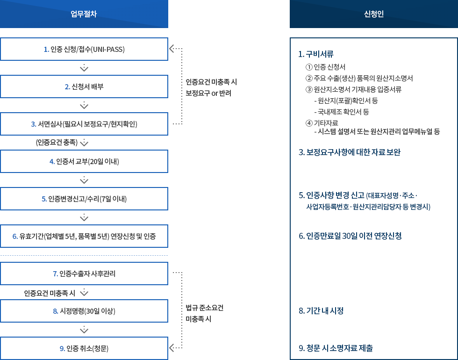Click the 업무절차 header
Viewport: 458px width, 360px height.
pos(84,14)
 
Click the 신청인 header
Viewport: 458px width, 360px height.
pos(373,14)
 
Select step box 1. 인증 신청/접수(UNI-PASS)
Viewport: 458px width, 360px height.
pos(84,49)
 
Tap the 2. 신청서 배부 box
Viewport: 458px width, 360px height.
pos(84,86)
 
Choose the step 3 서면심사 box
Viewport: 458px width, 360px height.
pos(84,124)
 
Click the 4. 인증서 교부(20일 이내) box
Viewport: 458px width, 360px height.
pos(84,161)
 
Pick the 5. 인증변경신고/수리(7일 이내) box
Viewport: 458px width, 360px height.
pos(84,199)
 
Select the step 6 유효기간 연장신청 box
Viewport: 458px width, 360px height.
pos(84,236)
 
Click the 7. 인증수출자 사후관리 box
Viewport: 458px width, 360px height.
pos(84,274)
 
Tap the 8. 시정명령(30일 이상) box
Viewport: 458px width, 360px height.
pos(84,311)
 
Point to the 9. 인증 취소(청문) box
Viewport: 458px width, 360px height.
pos(84,348)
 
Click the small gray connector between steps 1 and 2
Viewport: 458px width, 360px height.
pos(84,68)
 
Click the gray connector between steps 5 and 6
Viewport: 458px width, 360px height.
pos(84,217)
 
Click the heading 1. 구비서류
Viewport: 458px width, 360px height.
pos(316,54)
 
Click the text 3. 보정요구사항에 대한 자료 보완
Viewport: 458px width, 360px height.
pos(349,152)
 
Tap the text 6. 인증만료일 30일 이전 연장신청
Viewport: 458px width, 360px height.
pos(350,236)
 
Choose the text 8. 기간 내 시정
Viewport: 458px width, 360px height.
pos(321,310)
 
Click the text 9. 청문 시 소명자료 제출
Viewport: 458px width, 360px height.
pos(336,348)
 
